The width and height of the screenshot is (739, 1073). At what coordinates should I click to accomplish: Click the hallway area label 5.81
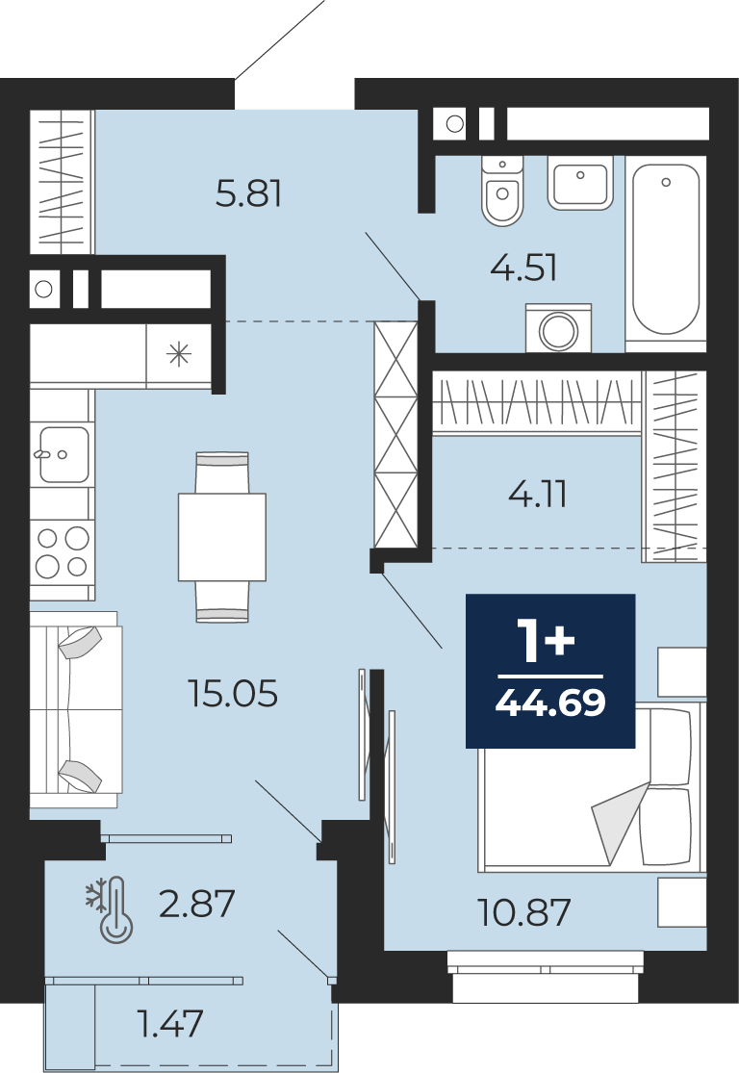coord(248,193)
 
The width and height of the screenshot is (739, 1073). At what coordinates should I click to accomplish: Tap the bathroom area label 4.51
coord(523,268)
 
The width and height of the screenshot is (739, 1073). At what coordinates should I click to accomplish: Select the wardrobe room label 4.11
coord(538,494)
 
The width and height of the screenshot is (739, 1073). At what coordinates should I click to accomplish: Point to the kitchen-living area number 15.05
coord(233,693)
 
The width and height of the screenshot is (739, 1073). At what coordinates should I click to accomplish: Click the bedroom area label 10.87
coord(523,912)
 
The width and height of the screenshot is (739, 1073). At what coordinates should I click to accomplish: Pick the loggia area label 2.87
coord(197,904)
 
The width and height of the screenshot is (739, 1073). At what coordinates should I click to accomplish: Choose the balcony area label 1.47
coord(170,1024)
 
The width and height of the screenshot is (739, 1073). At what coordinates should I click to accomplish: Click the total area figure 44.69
coord(550,703)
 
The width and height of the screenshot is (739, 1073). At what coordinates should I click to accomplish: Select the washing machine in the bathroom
coord(558,328)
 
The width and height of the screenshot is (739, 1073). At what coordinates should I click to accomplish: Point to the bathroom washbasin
coord(580,182)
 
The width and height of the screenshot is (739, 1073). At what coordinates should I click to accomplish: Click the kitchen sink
coord(63,454)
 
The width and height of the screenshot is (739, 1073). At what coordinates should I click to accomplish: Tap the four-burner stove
coord(62,552)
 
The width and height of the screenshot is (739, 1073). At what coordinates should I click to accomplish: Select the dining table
coord(221,537)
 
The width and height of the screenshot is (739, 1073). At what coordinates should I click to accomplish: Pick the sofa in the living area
coord(75,710)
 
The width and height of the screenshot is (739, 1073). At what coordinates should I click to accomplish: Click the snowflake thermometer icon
coord(110,909)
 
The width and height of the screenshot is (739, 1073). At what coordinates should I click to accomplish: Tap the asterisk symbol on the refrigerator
coord(179,354)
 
